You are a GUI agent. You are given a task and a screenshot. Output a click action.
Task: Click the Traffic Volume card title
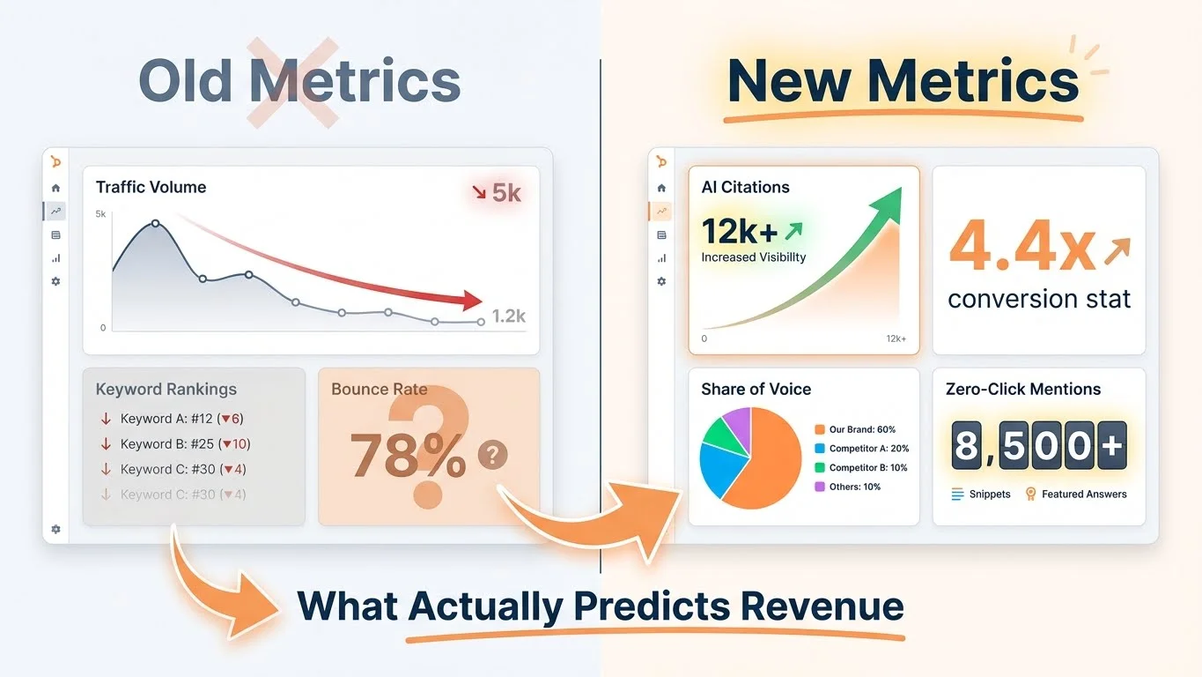151,187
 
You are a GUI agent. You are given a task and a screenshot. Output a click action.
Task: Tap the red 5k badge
497,192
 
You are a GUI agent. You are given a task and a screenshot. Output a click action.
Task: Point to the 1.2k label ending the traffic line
508,316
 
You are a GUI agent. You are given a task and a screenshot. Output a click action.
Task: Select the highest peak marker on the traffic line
156,223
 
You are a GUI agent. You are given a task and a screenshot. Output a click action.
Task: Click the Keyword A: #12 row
181,419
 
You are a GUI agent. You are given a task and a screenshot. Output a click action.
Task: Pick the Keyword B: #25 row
185,443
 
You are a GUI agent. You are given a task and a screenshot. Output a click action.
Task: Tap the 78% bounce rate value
408,456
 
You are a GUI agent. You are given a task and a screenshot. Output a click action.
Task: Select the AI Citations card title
745,187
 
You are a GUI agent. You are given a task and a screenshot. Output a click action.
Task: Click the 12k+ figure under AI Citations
740,231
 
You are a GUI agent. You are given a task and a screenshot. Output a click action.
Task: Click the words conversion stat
1039,299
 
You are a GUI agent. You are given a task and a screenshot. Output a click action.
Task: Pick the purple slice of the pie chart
737,424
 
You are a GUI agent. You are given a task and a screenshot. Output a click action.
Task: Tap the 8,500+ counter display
1039,445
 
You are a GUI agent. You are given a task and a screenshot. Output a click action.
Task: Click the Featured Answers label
1083,495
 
